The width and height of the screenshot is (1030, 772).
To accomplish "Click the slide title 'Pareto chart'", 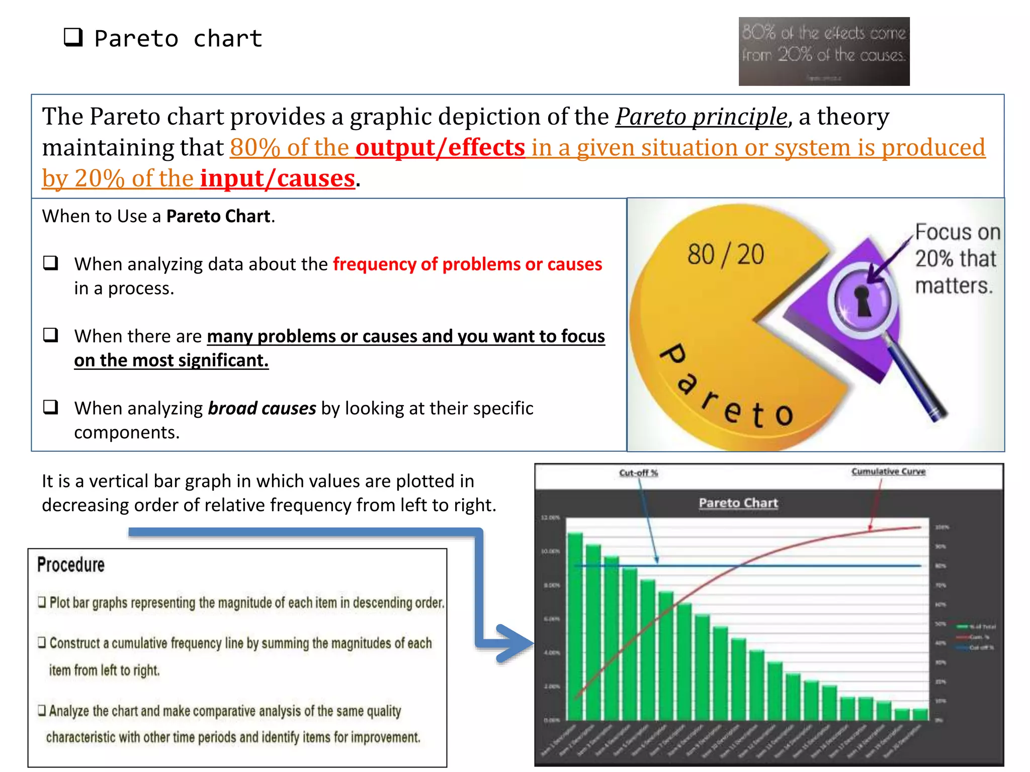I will tap(178, 39).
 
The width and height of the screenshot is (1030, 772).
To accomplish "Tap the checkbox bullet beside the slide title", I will tap(73, 37).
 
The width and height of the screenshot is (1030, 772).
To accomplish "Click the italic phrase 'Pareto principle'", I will tap(701, 117).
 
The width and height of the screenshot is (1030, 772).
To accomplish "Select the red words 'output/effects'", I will tap(440, 148).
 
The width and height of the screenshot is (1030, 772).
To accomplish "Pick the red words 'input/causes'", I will tap(278, 178).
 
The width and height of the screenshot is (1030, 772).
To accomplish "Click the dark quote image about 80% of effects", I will tap(823, 51).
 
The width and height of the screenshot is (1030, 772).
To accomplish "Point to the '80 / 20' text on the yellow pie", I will tap(725, 254).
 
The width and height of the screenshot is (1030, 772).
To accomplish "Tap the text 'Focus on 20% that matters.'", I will tap(957, 259).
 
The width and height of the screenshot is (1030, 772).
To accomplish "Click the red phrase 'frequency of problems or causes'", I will tap(467, 264).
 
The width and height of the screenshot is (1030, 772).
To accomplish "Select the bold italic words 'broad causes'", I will tap(262, 409).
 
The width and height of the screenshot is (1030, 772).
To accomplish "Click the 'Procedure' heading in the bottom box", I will tap(71, 565).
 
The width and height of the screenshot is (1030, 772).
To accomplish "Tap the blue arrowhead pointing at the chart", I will tap(513, 643).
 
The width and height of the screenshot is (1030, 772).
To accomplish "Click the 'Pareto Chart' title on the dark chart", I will tap(738, 503).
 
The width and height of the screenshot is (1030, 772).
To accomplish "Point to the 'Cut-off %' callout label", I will tap(638, 473).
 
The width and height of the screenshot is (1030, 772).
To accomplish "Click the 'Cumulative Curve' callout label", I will tap(888, 471).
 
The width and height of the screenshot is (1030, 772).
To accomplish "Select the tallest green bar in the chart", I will tap(575, 626).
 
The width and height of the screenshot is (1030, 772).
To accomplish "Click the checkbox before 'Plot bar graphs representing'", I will tap(42, 602).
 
